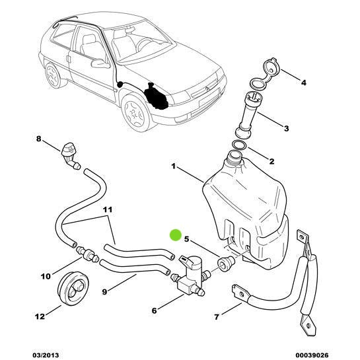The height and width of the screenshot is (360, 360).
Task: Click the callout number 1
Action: (174, 168)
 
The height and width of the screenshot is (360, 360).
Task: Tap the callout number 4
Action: (303, 83)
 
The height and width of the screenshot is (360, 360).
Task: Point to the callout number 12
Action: (40, 316)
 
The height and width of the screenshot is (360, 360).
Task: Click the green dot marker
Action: (176, 234)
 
